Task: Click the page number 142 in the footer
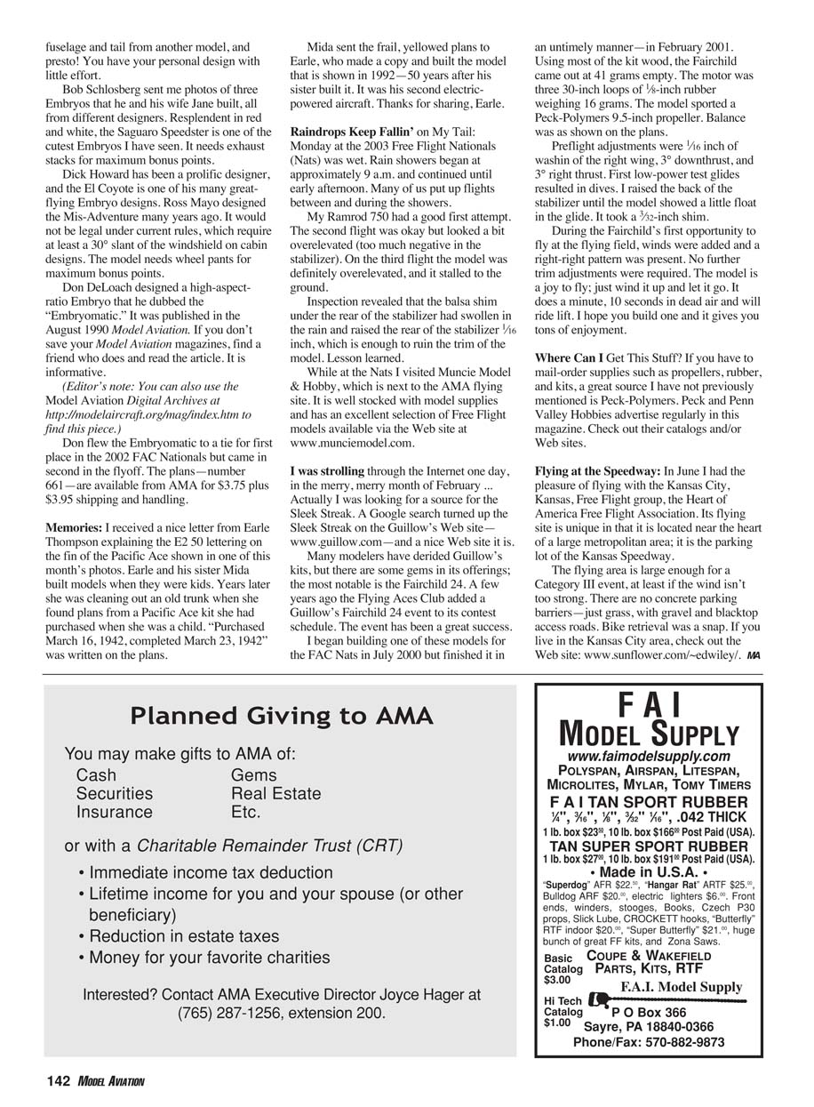58,1080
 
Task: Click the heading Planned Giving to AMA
282,715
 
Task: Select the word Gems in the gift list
253,775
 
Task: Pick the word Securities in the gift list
114,793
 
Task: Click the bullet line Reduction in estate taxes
178,936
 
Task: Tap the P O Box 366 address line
649,1012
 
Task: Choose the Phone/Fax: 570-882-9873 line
648,1042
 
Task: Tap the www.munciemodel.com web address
353,442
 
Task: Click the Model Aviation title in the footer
111,1081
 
